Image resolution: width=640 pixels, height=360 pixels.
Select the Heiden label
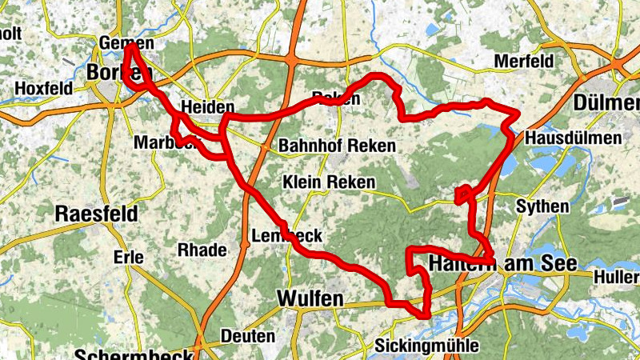[x=207, y=107]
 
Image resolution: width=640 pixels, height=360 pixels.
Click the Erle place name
[x=128, y=258]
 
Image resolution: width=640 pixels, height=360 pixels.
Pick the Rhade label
[x=202, y=250]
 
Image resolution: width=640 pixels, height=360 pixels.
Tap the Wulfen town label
[x=310, y=298]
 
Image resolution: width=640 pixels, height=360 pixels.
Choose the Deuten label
[x=247, y=337]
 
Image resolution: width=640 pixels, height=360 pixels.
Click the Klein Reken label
[x=329, y=182]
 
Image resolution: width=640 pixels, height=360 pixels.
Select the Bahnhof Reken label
[x=337, y=146]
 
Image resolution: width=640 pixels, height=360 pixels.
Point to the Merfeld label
[x=523, y=62]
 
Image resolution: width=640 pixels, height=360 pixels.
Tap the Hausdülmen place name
[x=573, y=138]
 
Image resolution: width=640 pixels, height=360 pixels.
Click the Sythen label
[x=542, y=206]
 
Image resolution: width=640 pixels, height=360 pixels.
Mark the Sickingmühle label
[x=427, y=346]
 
